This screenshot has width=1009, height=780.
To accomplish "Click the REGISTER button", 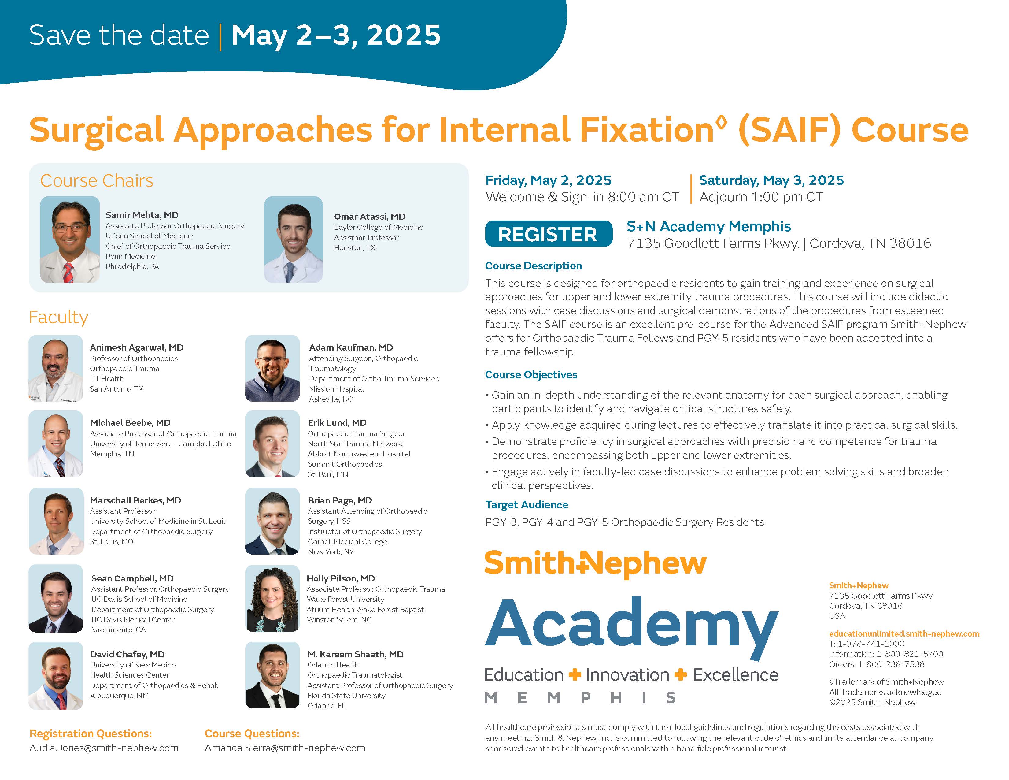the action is tap(549, 234).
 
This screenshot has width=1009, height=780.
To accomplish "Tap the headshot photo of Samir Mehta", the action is tap(70, 240).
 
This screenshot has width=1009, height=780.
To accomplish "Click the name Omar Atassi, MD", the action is tap(370, 216).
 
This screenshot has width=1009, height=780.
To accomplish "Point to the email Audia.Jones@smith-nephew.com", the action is tap(104, 748).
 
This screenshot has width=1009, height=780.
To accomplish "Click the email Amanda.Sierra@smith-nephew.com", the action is tap(285, 748).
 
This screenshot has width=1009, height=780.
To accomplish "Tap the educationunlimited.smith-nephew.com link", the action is tap(904, 633).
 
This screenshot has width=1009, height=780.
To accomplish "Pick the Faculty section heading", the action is tap(59, 318).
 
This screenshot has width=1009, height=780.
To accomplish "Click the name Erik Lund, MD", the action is tap(337, 423).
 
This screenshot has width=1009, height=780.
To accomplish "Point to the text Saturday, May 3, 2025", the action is tap(771, 180).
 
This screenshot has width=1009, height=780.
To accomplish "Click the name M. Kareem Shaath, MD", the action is tap(356, 654).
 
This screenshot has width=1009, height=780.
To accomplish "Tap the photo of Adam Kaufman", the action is tap(272, 368).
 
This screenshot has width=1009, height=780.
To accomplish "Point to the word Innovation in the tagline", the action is tap(627, 675).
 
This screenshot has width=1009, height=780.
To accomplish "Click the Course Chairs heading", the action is tap(97, 181).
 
